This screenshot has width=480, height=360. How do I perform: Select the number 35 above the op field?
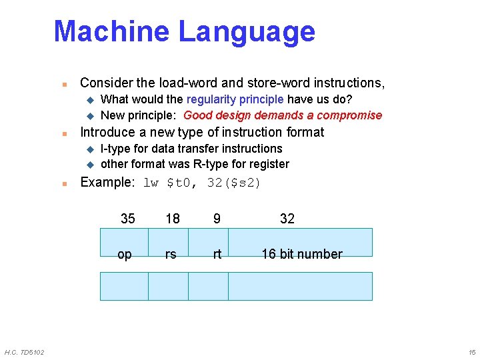pos(127,219)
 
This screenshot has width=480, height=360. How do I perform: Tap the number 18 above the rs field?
pos(172,219)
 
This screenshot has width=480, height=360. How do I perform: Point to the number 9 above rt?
pos(217,219)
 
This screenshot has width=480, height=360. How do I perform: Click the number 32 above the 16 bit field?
pos(287,219)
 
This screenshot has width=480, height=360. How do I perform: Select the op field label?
pos(125,254)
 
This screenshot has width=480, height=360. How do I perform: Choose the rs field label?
pos(171,254)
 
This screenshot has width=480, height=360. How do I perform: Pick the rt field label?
pos(217,254)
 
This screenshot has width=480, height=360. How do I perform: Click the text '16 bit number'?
pos(301,254)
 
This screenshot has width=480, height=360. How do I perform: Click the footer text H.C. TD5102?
pos(25,352)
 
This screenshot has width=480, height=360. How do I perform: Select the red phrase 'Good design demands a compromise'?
pos(283,115)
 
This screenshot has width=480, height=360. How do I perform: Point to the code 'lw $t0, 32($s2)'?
pos(202,183)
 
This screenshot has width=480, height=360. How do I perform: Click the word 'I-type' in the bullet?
pos(115,149)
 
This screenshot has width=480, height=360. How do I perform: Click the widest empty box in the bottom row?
pos(300,286)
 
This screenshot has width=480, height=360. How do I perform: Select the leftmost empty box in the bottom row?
pos(124,286)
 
